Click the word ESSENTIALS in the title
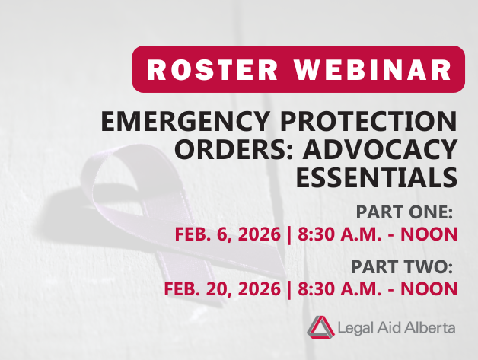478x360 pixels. click(x=378, y=177)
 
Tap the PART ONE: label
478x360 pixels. click(x=404, y=211)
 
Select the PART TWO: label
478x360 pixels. click(x=403, y=266)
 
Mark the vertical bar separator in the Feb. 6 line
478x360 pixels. click(x=288, y=233)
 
